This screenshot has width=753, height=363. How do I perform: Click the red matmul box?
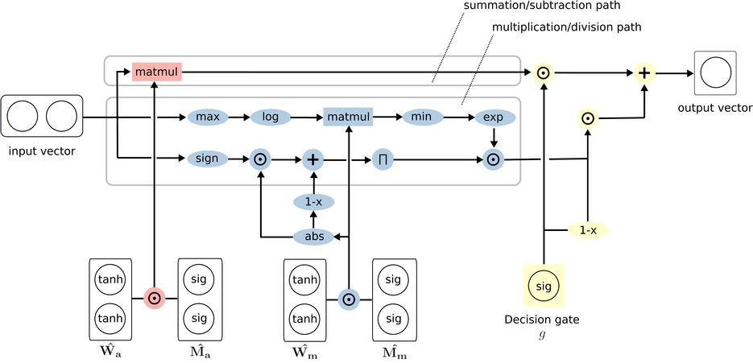point(157,72)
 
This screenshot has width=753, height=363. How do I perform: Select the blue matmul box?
point(348,117)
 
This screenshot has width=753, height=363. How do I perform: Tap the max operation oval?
point(208,117)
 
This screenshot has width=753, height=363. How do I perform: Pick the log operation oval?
point(271,117)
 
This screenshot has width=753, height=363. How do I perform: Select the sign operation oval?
point(207,159)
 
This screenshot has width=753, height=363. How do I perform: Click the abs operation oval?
point(313,237)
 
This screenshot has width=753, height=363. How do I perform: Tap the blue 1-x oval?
point(313,201)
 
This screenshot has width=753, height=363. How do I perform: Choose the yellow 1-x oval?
point(588,230)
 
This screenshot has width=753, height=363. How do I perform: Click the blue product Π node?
point(383,159)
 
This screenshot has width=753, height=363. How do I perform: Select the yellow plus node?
point(644,73)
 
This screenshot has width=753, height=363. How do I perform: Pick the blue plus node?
point(313,159)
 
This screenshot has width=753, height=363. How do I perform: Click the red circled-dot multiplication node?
point(154,298)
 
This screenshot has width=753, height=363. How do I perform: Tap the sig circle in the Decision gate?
point(544,285)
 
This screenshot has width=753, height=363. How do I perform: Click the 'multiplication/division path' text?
point(567,27)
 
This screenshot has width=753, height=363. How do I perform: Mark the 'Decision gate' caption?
point(542,320)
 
